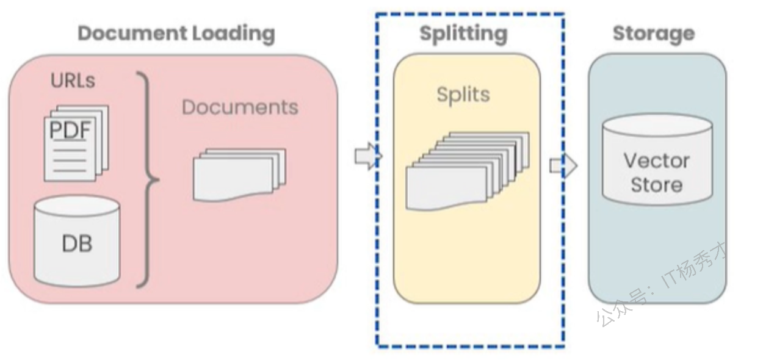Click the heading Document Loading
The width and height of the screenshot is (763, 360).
click(176, 34)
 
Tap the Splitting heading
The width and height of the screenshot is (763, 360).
click(463, 34)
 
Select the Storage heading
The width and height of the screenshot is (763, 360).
click(654, 34)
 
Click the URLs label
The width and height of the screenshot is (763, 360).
click(73, 81)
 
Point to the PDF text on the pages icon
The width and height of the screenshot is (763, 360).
click(70, 130)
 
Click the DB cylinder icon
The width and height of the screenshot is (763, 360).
click(77, 241)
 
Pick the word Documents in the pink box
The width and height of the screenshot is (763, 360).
click(240, 107)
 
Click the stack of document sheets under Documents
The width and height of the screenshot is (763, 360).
click(239, 175)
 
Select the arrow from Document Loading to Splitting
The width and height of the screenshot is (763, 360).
click(368, 156)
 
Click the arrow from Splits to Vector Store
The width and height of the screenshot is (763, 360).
click(563, 166)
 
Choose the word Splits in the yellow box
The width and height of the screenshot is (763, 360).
click(463, 95)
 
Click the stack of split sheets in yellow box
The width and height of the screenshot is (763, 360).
click(468, 171)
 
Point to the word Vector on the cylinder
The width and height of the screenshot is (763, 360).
click(657, 160)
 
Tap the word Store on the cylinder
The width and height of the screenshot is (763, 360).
click(657, 185)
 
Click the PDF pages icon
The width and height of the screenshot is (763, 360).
click(77, 143)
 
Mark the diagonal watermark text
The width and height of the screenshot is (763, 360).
click(662, 284)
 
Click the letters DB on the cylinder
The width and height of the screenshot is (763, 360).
click(77, 244)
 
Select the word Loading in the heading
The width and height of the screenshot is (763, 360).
click(234, 34)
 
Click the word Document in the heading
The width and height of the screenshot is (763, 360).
click(132, 34)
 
